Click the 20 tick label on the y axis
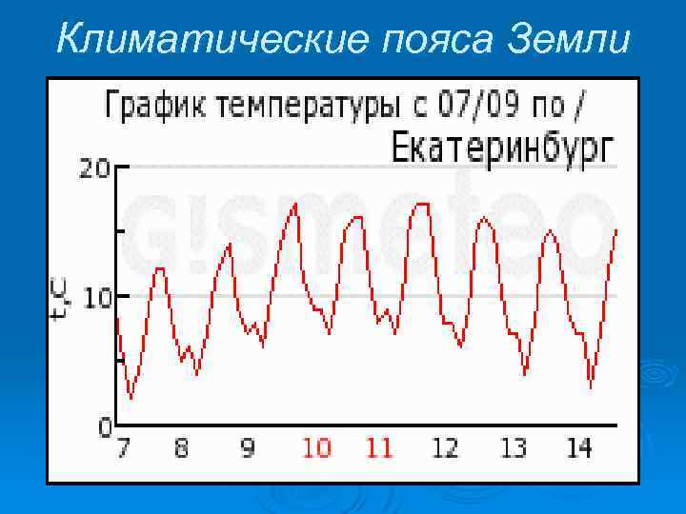94,168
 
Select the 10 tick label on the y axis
96,297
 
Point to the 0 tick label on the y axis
105,427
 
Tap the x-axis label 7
123,447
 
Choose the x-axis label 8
181,447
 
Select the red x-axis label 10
315,447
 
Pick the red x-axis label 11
379,447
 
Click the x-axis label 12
445,447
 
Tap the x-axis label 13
514,447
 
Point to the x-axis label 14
578,447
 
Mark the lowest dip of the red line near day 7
131,397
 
